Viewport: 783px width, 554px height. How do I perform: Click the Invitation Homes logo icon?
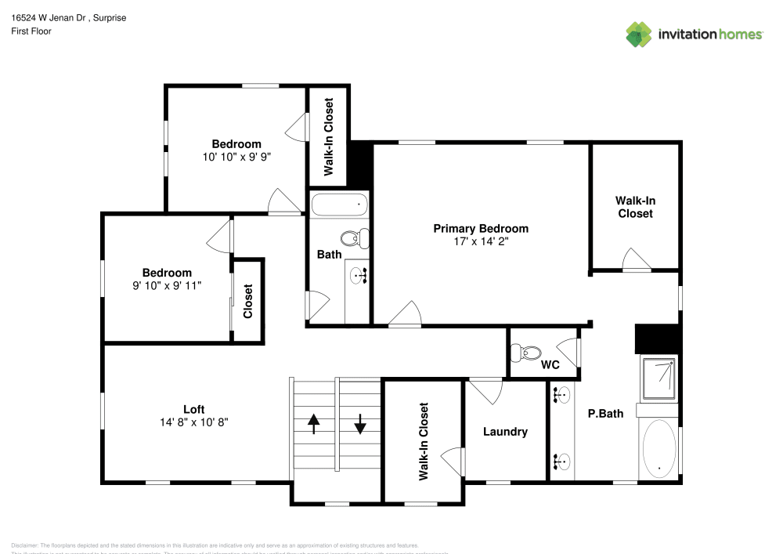pyautogui.click(x=639, y=34)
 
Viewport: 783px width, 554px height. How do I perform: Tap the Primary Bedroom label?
pyautogui.click(x=481, y=229)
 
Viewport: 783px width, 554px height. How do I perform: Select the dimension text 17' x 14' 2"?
pyautogui.click(x=481, y=242)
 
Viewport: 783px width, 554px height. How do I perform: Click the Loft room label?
pyautogui.click(x=194, y=409)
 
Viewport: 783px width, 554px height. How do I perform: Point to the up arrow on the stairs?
pyautogui.click(x=314, y=424)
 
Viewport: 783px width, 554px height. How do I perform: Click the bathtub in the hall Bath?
pyautogui.click(x=339, y=205)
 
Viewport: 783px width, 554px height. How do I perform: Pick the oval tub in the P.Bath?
pyautogui.click(x=659, y=448)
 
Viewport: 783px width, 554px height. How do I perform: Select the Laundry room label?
pyautogui.click(x=505, y=432)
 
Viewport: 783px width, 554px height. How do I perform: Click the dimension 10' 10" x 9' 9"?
pyautogui.click(x=236, y=157)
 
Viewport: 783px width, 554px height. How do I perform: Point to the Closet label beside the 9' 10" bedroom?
pyautogui.click(x=248, y=300)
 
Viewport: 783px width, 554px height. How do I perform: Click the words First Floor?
pyautogui.click(x=31, y=31)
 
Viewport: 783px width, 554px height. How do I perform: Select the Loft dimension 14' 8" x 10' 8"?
pyautogui.click(x=194, y=422)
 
